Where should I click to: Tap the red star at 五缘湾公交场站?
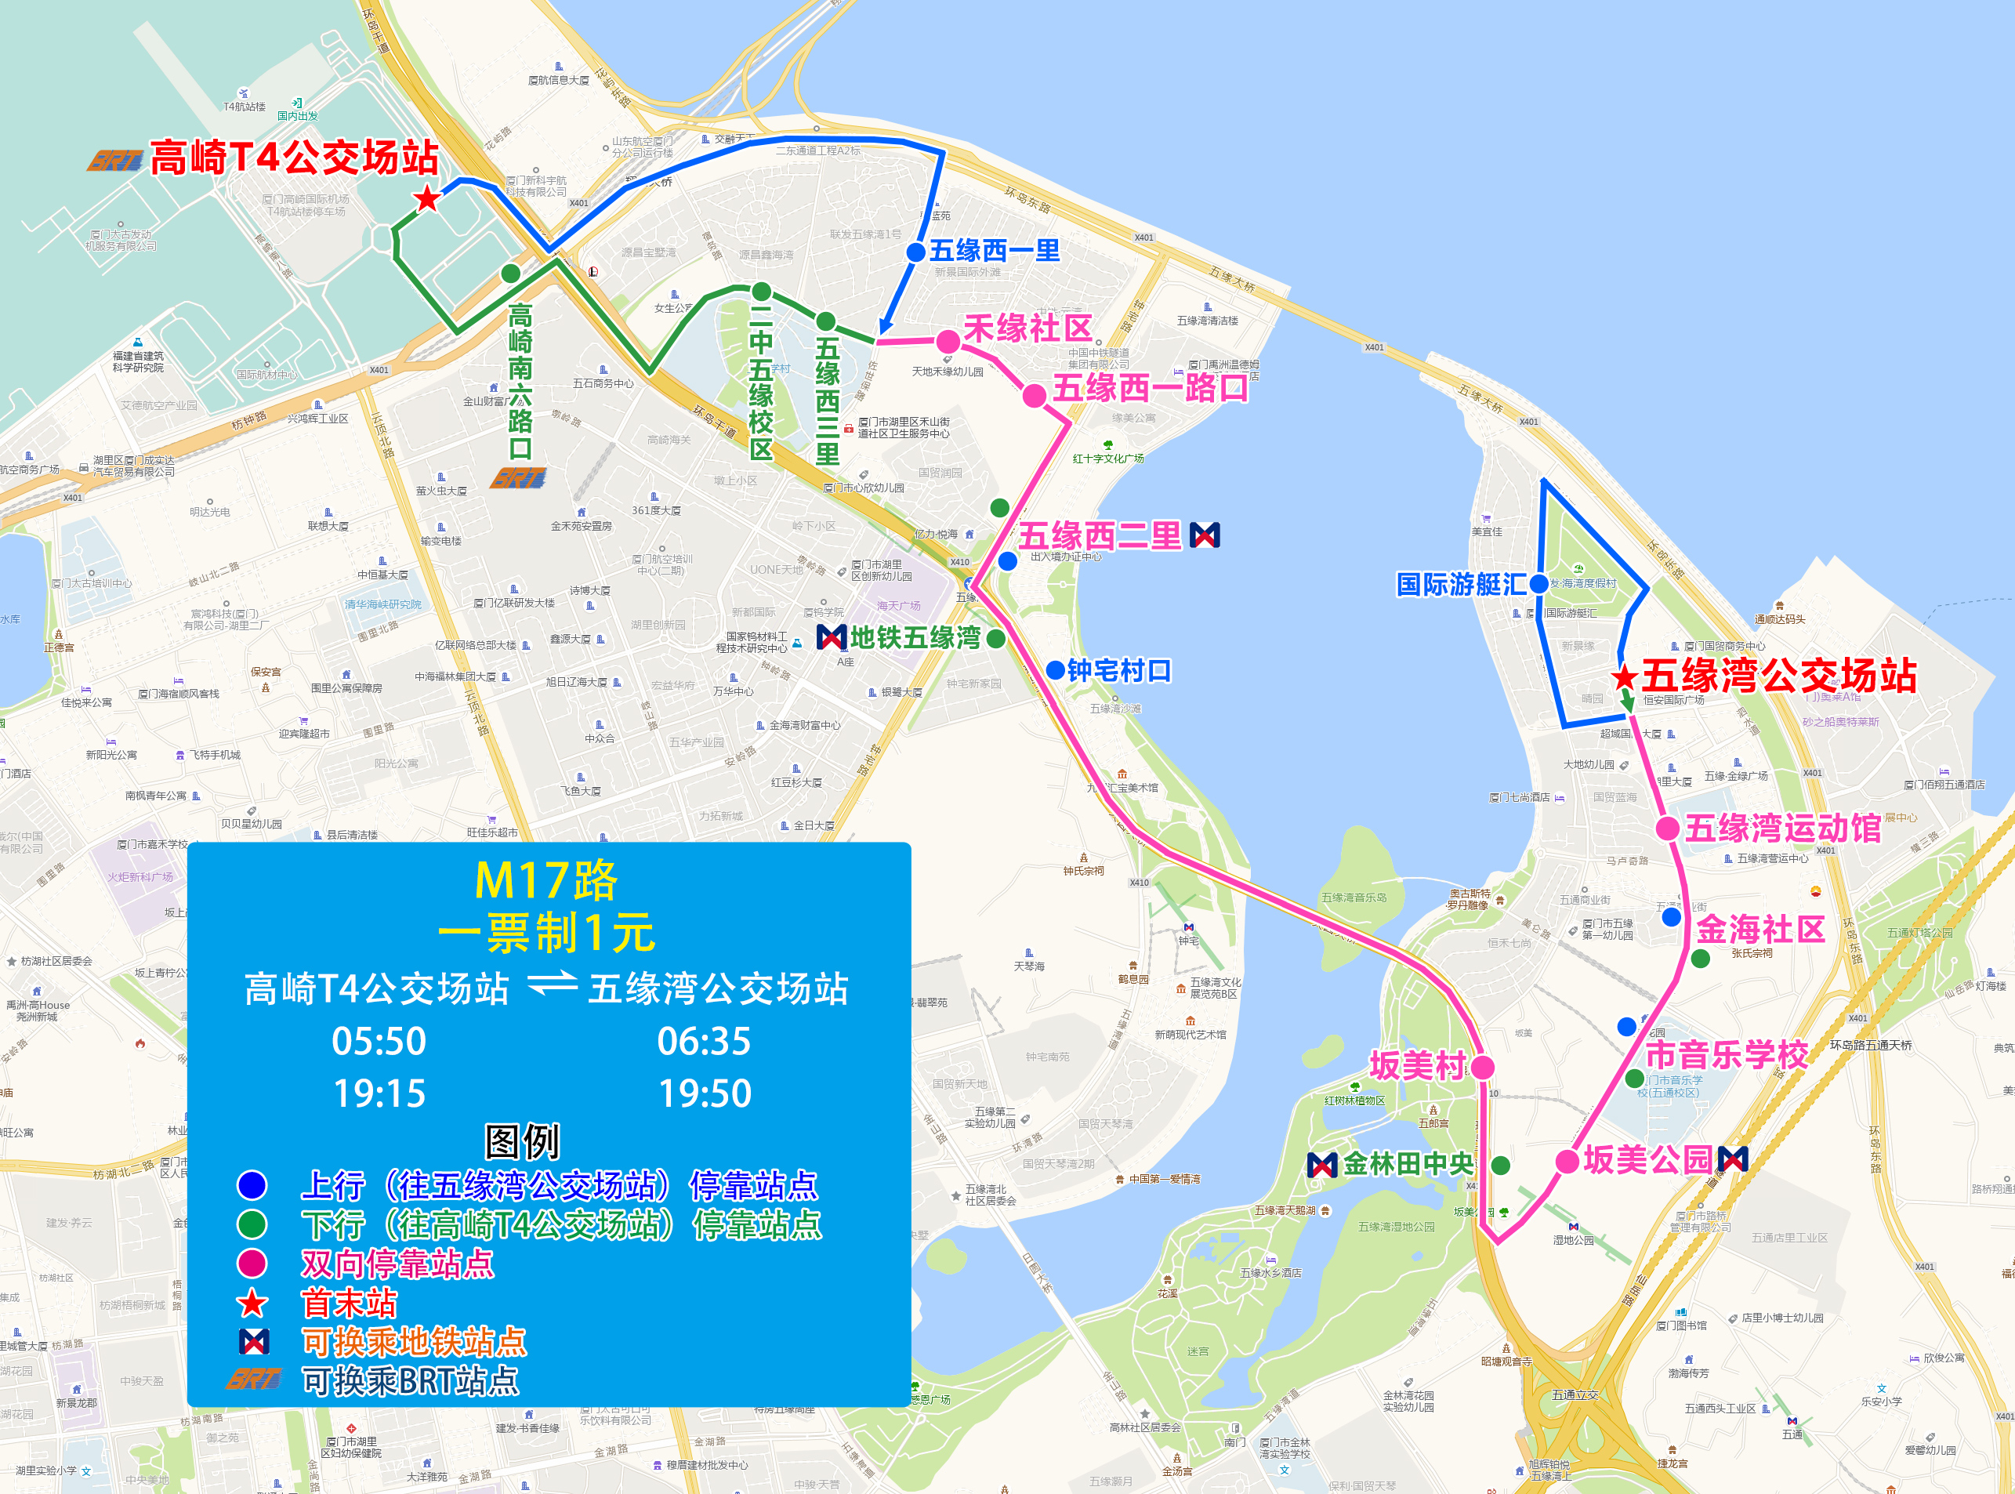[1625, 676]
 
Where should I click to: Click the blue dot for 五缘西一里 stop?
[915, 252]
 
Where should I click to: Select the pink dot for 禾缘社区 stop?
[948, 342]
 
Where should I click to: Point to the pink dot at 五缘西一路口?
[1035, 395]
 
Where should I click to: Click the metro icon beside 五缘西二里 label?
[1205, 535]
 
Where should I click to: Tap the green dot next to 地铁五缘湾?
[996, 640]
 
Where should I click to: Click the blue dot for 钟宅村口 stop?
[1055, 671]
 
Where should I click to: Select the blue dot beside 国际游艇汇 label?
[1538, 584]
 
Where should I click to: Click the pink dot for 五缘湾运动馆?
[1667, 829]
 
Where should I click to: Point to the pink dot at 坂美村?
[1483, 1067]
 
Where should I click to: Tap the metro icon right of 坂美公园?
[1732, 1159]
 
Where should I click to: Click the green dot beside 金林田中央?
[1501, 1166]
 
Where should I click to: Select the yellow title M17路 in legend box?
[545, 881]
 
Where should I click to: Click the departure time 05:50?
[379, 1042]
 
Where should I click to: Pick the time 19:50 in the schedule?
[705, 1094]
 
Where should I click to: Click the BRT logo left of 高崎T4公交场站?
[114, 161]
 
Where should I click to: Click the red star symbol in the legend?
[252, 1304]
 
